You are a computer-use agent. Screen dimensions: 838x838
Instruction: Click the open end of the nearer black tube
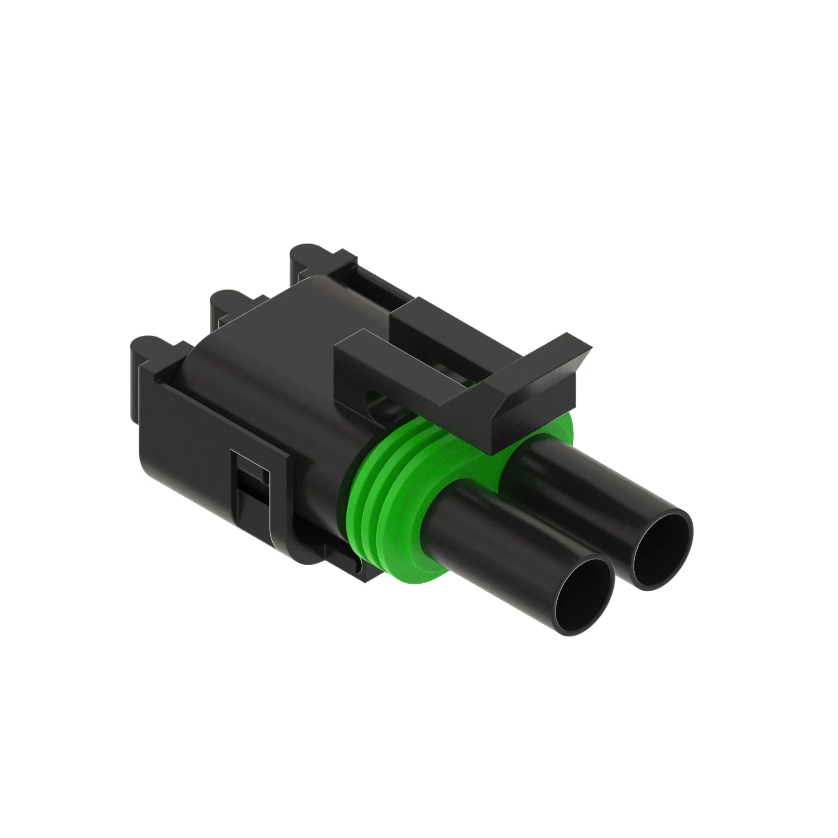point(583,596)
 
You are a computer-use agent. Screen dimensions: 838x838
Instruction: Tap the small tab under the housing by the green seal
point(343,559)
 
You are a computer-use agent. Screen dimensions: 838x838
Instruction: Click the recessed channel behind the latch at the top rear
point(373,282)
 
